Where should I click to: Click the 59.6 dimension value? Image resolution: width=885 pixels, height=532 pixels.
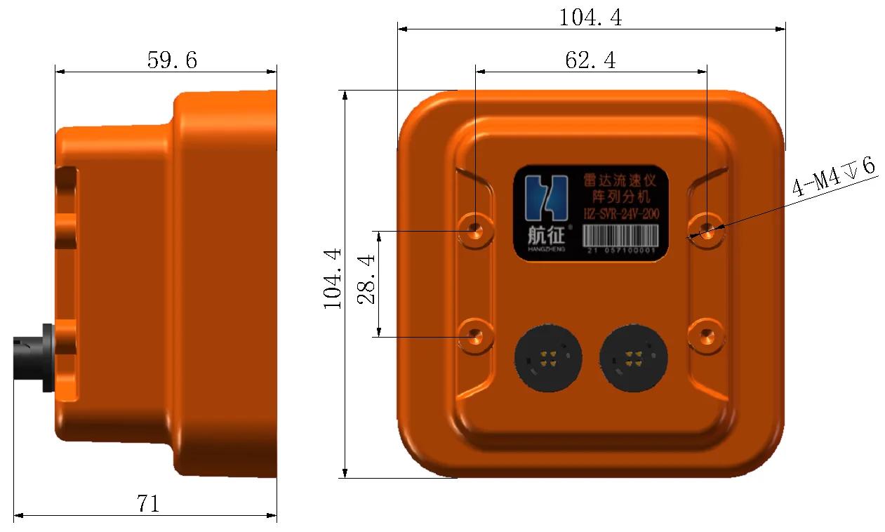(x=172, y=60)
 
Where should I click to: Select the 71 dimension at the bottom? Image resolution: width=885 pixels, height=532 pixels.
(x=148, y=503)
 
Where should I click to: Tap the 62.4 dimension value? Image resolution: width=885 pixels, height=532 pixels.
(x=590, y=61)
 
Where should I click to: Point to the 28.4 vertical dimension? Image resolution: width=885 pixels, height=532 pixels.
(x=366, y=279)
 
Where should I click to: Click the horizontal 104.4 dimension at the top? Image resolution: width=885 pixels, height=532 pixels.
(x=590, y=17)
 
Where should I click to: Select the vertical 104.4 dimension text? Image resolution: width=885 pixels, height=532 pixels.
(x=332, y=279)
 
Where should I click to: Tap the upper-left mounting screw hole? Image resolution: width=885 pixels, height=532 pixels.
(x=476, y=230)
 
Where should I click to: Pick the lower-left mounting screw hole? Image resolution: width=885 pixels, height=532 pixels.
(x=476, y=336)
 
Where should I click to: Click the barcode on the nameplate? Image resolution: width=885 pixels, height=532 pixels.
(x=620, y=234)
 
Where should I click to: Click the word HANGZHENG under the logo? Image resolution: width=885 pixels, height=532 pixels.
(x=545, y=248)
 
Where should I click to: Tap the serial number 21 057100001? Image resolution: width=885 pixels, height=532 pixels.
(x=620, y=250)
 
